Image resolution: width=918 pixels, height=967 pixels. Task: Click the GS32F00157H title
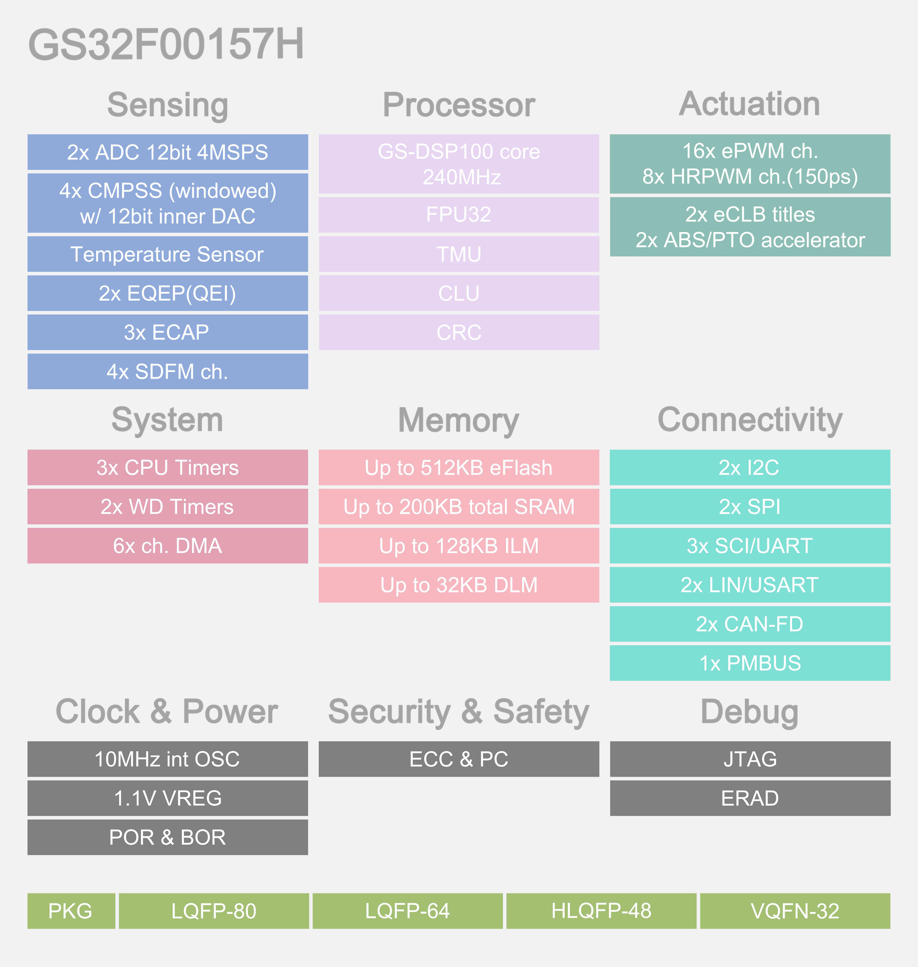[166, 44]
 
